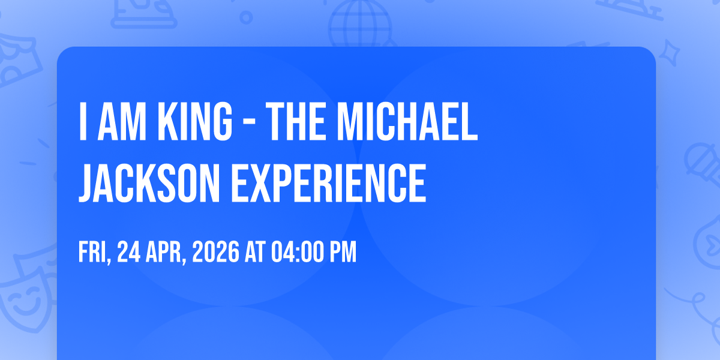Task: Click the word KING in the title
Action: (x=195, y=121)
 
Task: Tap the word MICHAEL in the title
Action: (x=407, y=121)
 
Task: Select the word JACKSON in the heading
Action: (x=149, y=183)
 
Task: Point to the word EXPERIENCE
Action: (x=329, y=183)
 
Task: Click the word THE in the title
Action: (x=295, y=121)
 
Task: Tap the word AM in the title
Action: (x=122, y=121)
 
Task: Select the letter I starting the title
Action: (x=83, y=121)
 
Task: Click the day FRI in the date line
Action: (x=95, y=253)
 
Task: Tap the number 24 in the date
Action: (x=128, y=252)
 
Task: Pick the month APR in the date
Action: (x=166, y=253)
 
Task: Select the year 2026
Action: (x=215, y=252)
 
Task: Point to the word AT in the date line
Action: (x=255, y=252)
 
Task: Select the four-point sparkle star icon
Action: (x=669, y=53)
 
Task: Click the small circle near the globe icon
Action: (x=246, y=17)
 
